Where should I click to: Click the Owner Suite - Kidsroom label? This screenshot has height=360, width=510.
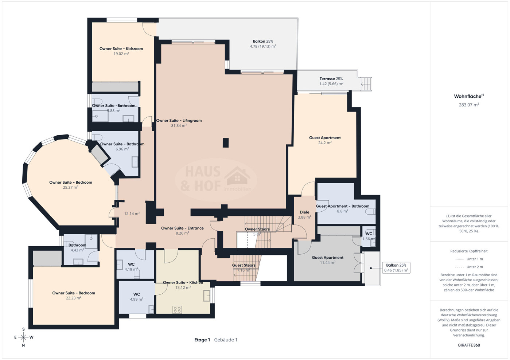[121, 49]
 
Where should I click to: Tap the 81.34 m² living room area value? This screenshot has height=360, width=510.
[179, 125]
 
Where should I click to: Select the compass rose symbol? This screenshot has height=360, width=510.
[23, 337]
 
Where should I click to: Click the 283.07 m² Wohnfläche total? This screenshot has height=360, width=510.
[469, 105]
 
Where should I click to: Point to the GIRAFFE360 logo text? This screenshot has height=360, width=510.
[469, 345]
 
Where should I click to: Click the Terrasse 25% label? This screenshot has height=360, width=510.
[331, 79]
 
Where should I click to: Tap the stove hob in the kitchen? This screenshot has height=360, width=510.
[177, 309]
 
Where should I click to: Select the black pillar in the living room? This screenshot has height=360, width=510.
[226, 143]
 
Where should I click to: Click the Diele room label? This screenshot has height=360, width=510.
[304, 212]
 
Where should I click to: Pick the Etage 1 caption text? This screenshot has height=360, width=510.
[202, 340]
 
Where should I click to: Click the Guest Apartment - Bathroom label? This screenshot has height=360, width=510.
[342, 206]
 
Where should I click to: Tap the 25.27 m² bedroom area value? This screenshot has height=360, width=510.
[71, 187]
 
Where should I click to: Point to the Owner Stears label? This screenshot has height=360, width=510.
[257, 229]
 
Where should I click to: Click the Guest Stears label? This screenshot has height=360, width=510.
[244, 265]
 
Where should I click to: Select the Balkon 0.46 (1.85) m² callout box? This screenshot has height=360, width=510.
[396, 267]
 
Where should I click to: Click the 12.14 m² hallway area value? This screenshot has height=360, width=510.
[132, 214]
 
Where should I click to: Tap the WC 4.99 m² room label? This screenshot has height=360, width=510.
[137, 297]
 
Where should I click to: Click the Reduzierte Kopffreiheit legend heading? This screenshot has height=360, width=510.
[469, 251]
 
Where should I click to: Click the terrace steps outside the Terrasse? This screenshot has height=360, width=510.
[366, 84]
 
